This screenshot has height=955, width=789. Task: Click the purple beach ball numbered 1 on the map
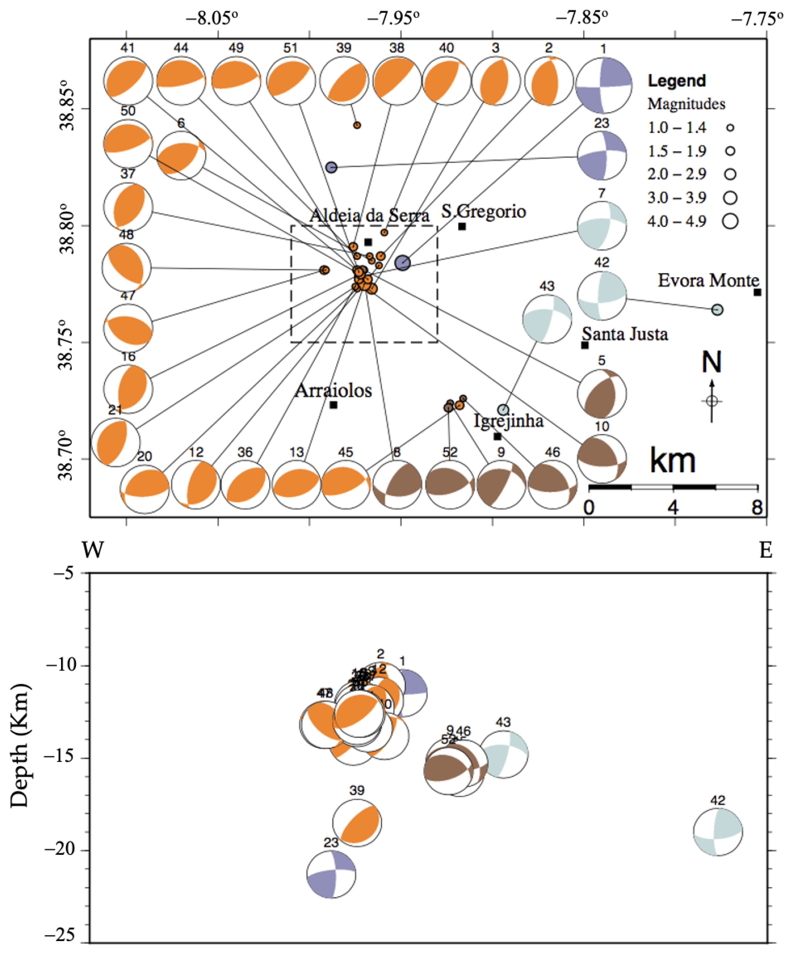click(x=603, y=85)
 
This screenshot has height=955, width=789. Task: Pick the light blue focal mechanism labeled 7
click(x=602, y=226)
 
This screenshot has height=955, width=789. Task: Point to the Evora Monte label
click(x=708, y=280)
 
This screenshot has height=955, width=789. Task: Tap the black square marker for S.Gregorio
click(x=462, y=226)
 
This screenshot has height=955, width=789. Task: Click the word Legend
click(x=677, y=81)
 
